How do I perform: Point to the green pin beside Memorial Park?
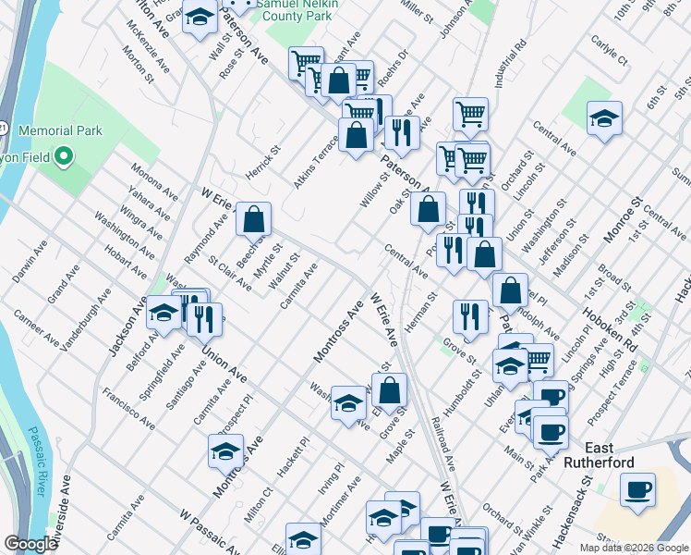coord(64,156)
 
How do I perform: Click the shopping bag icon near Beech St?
coord(253,219)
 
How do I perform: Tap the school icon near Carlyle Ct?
coord(604,118)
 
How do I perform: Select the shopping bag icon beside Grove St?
coord(391,390)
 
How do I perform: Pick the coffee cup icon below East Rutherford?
coord(637,487)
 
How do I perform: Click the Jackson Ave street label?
coord(128,326)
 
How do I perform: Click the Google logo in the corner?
coord(30,545)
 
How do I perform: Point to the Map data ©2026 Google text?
coord(633,548)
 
